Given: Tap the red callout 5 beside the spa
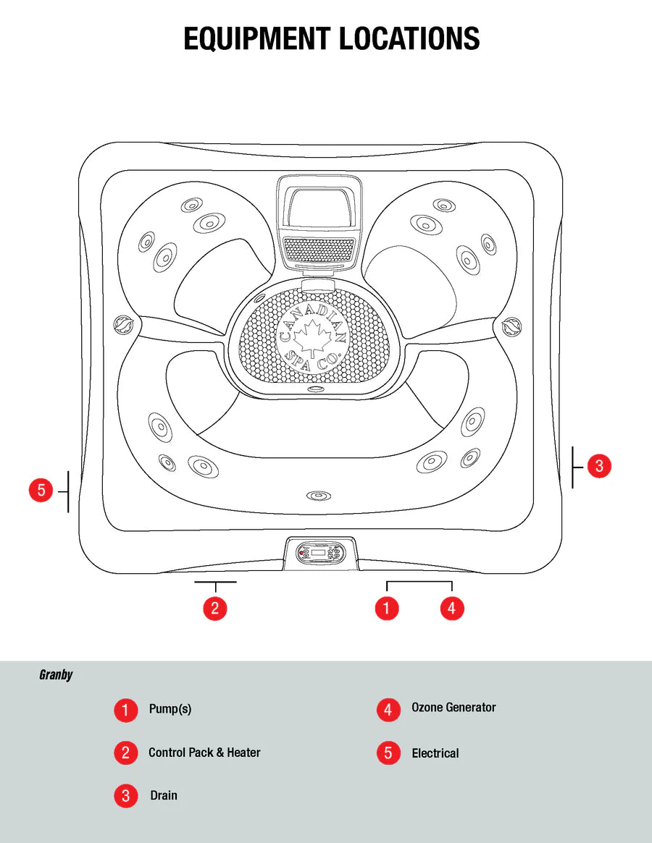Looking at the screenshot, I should pos(41,491).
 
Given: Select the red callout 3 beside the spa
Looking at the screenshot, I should pos(599,466).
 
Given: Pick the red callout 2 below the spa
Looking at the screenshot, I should pos(214,608).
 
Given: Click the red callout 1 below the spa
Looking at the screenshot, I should pos(387,608).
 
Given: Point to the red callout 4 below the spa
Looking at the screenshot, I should pos(451,608).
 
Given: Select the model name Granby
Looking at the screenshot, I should pos(56,675).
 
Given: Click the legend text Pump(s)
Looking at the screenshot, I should pos(170,709).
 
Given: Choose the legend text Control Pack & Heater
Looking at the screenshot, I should pos(204,753).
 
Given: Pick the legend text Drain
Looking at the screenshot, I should pos(164,795).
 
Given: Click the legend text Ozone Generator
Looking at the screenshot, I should pos(454,708).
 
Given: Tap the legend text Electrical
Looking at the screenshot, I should pos(435,753).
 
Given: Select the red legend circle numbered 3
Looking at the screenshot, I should pos(125,796).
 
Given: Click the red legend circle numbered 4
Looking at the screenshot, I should pos(388,710).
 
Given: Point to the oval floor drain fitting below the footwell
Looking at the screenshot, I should pos(317,496).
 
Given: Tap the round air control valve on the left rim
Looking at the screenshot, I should pos(124,325).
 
